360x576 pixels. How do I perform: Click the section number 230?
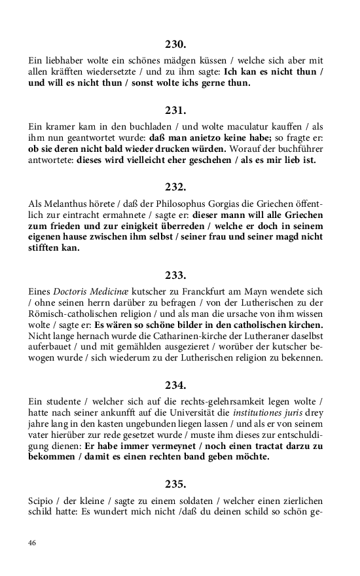click(x=175, y=45)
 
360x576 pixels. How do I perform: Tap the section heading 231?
click(x=175, y=110)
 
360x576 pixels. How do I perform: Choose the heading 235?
click(x=175, y=484)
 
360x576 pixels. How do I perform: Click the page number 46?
click(x=32, y=543)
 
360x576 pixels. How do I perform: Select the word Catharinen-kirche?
click(x=160, y=336)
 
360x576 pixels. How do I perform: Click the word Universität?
click(x=194, y=410)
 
